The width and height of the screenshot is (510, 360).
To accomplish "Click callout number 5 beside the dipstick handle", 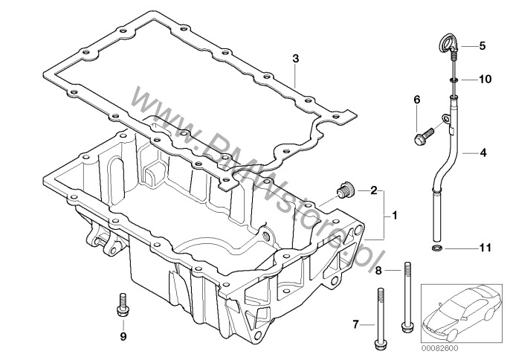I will [x=482, y=46].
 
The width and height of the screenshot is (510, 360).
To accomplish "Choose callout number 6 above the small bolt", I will [x=416, y=100].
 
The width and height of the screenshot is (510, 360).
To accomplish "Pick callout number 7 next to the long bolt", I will [x=355, y=324].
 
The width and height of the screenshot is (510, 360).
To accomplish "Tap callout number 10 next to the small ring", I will [x=483, y=78].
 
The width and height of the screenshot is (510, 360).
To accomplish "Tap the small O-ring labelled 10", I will [x=453, y=78].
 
